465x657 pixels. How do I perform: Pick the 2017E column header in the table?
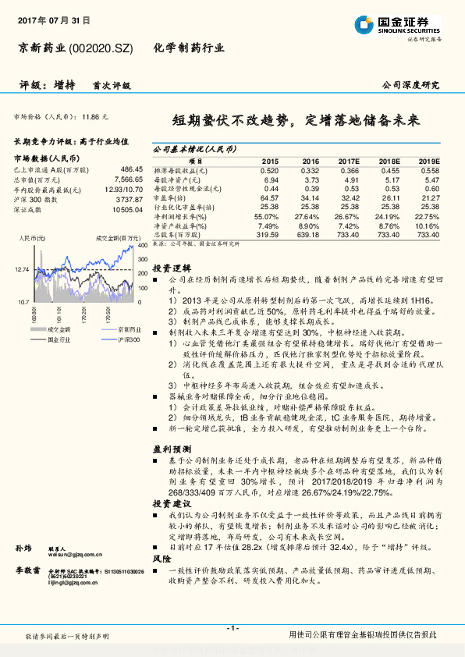[x=348, y=161]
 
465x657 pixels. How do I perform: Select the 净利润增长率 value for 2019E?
[x=427, y=216]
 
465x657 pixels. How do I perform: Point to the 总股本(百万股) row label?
[x=179, y=233]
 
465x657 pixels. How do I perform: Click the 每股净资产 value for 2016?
[x=310, y=179]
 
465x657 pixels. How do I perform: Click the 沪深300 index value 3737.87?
[x=129, y=199]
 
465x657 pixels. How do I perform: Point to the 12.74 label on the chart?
[x=22, y=269]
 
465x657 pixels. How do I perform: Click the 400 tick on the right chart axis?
[x=143, y=247]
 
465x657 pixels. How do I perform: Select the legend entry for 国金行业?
[x=56, y=339]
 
